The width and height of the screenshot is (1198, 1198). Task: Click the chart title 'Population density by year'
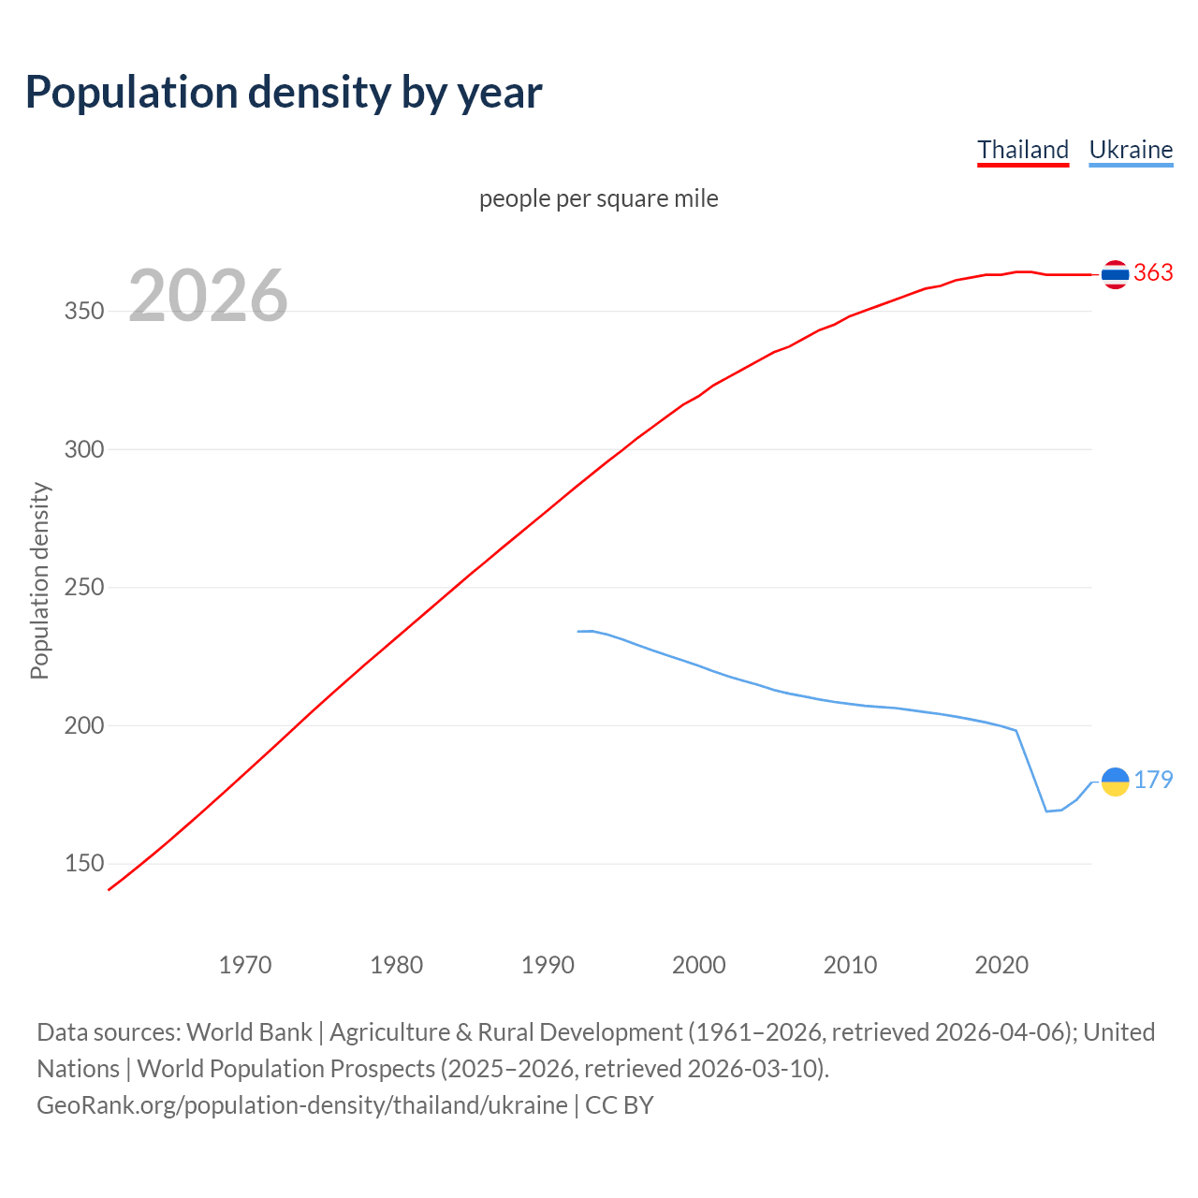284,93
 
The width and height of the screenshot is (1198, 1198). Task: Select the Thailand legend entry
1023,150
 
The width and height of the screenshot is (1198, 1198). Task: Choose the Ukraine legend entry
1131,150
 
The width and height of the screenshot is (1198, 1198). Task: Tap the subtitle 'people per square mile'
599,198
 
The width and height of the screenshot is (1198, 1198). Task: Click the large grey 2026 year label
208,296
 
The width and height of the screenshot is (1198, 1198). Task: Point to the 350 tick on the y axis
83,312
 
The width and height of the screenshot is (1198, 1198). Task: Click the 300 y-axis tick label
83,449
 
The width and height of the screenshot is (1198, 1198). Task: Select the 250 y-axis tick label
83,588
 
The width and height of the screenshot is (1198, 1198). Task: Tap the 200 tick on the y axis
83,725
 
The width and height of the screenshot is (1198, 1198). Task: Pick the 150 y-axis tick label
83,864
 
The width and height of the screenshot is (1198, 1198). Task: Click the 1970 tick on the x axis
245,965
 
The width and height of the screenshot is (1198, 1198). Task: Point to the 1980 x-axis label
397,965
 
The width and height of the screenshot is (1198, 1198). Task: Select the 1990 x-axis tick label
548,965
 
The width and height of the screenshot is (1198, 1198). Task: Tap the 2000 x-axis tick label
699,965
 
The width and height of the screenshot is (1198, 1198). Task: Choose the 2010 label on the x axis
850,965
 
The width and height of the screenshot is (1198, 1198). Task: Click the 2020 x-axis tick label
1001,965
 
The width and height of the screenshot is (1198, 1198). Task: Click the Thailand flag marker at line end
1115,274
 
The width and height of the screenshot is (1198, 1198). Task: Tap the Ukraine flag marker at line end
1115,781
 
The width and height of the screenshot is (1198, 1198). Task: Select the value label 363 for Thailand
1153,272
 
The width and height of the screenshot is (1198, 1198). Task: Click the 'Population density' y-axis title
39,580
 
